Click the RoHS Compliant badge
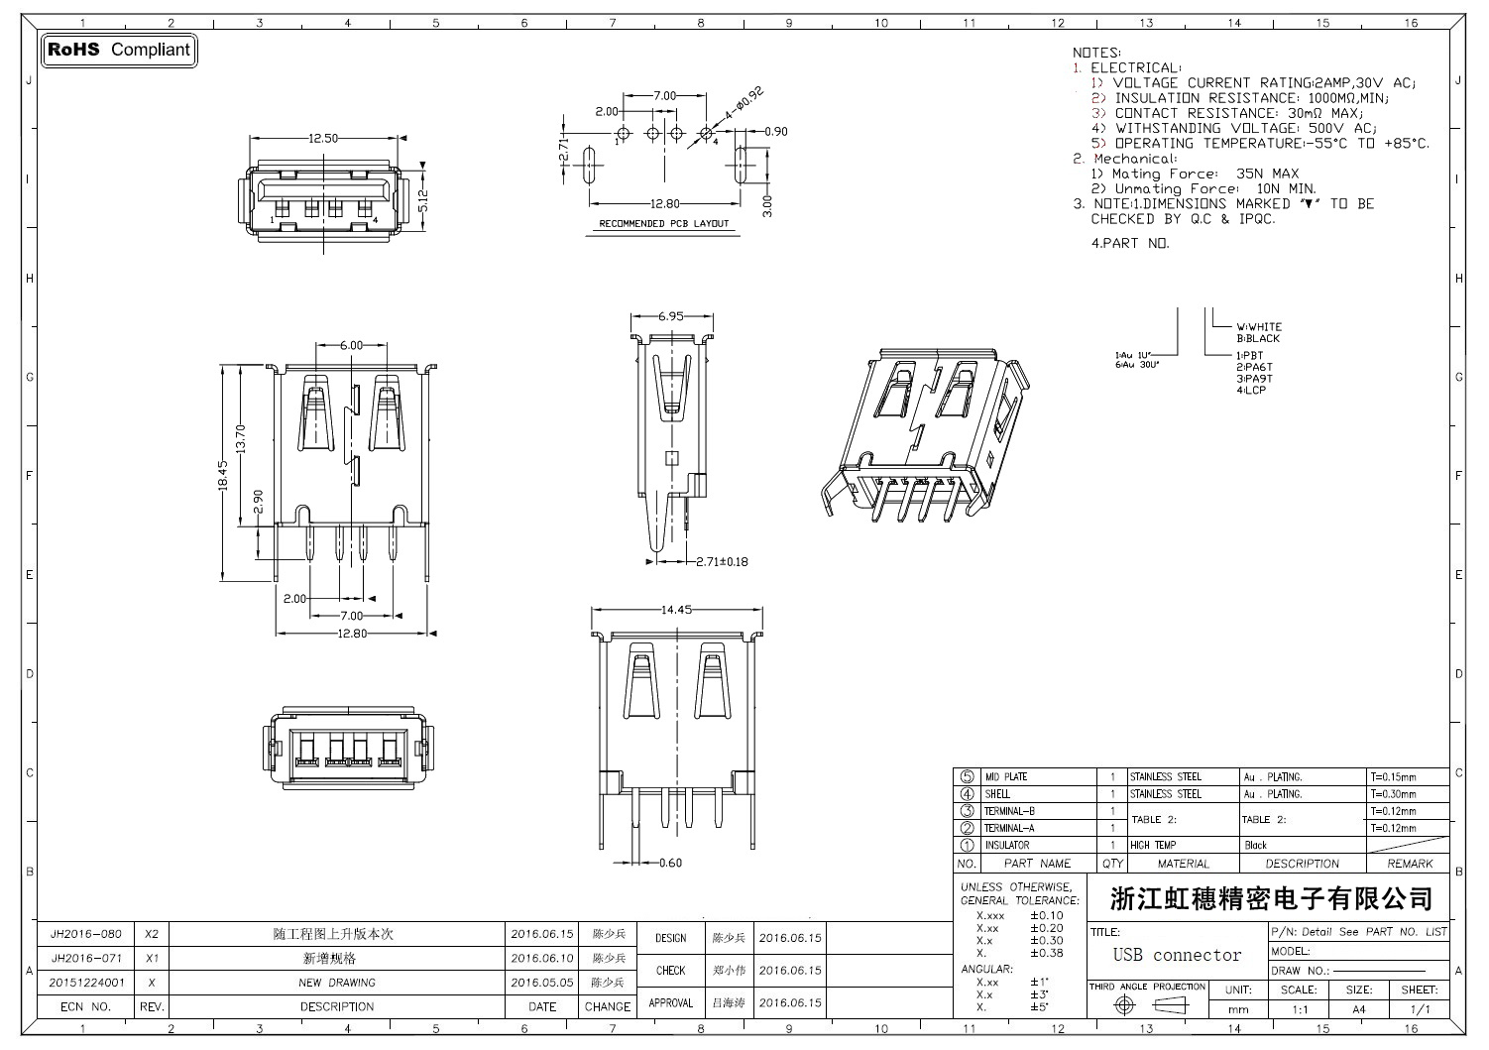click(119, 50)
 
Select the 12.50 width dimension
click(323, 139)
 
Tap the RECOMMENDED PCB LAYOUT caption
click(663, 224)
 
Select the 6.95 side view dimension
click(671, 317)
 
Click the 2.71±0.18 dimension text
click(721, 562)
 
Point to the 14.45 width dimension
click(676, 610)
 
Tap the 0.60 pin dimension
click(670, 863)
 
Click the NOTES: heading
click(1096, 53)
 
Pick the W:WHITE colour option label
click(1258, 326)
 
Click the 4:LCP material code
click(1250, 391)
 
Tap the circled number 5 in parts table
click(967, 777)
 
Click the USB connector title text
click(1177, 956)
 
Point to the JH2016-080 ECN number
click(86, 935)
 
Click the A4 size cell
click(1358, 1009)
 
